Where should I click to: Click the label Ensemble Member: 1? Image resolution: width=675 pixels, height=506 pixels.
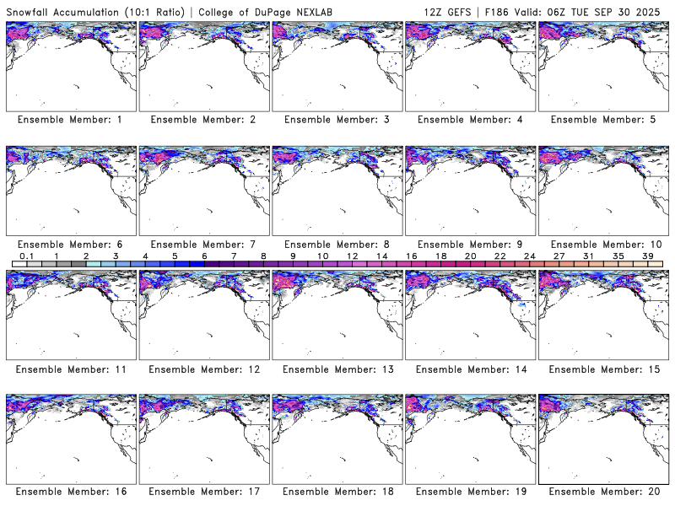click(70, 120)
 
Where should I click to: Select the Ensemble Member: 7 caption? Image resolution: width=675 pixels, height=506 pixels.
click(202, 244)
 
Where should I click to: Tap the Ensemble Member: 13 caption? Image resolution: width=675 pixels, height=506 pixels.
click(336, 369)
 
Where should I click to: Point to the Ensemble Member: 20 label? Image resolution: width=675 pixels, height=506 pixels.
click(602, 492)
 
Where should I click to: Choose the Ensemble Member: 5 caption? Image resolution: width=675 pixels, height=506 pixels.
click(602, 120)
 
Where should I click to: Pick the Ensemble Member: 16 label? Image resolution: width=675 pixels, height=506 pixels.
click(70, 492)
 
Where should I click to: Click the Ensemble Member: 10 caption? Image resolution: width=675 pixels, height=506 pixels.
click(602, 244)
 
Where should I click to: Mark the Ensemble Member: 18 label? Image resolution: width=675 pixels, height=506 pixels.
click(336, 492)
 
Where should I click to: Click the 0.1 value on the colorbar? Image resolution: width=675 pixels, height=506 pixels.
click(26, 256)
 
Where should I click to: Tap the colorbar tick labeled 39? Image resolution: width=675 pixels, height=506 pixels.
click(648, 256)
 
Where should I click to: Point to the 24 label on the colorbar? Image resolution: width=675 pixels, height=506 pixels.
click(530, 256)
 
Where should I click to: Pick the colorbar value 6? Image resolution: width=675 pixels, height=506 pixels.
click(204, 256)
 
